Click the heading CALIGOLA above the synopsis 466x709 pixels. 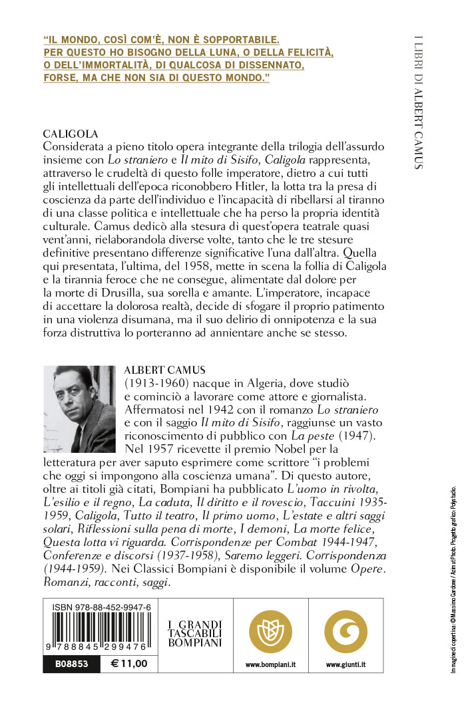pyautogui.click(x=71, y=133)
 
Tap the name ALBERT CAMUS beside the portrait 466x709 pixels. pyautogui.click(x=166, y=370)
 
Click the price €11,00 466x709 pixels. pyautogui.click(x=129, y=663)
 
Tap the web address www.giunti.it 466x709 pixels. pyautogui.click(x=346, y=664)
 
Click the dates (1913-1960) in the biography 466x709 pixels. pyautogui.click(x=156, y=384)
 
